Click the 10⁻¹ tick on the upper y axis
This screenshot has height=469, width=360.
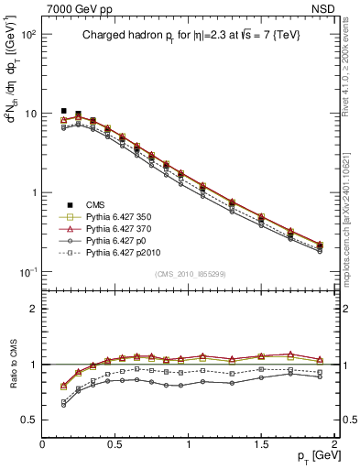(x=27, y=272)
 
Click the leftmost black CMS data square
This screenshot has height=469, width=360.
(x=64, y=111)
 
